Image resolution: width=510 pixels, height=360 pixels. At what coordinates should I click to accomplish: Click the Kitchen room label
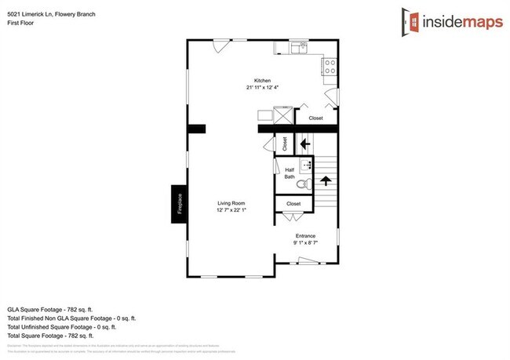coord(262,80)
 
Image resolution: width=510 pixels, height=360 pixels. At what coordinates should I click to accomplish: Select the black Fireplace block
coord(179,203)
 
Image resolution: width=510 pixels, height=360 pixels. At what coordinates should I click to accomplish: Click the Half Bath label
coord(289,173)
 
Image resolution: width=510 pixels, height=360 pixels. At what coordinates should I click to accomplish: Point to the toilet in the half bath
coord(305,184)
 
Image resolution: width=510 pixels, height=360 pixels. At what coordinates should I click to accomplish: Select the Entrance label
coord(305,236)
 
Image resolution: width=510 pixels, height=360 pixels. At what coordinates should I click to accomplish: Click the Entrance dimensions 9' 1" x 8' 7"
coord(305,243)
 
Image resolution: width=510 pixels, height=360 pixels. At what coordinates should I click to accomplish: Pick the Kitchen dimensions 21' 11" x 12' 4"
coord(262,87)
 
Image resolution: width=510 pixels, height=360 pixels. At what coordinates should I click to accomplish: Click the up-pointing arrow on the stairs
coord(326,181)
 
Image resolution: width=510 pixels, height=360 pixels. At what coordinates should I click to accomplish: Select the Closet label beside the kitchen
coord(315,118)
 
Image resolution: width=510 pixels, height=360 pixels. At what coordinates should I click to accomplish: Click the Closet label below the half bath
coord(293,204)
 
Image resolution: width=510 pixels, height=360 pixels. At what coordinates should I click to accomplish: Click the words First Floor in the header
coord(20,23)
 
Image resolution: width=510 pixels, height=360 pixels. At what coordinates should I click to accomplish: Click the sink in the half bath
coord(308,166)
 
